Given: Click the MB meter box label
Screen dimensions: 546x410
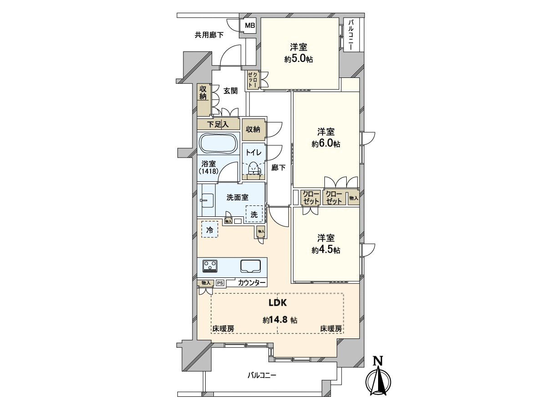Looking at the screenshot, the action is pyautogui.click(x=250, y=26).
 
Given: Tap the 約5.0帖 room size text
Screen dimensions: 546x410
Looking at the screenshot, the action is pyautogui.click(x=298, y=59).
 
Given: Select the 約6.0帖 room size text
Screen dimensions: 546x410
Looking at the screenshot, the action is pyautogui.click(x=326, y=143).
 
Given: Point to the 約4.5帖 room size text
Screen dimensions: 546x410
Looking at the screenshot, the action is pyautogui.click(x=326, y=250).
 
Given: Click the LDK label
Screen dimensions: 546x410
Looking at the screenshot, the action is pyautogui.click(x=278, y=302).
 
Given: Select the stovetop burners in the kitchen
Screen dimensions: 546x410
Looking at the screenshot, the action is pyautogui.click(x=210, y=266).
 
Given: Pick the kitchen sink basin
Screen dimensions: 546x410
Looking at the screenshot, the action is pyautogui.click(x=250, y=266).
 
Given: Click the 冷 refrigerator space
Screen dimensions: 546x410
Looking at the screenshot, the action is pyautogui.click(x=210, y=229).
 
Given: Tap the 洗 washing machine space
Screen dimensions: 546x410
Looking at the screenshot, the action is pyautogui.click(x=254, y=214).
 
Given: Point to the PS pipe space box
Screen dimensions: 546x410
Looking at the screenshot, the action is pyautogui.click(x=220, y=283).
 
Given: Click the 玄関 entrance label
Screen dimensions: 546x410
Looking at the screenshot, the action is pyautogui.click(x=230, y=91).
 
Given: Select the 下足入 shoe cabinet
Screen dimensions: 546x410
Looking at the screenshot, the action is pyautogui.click(x=218, y=124).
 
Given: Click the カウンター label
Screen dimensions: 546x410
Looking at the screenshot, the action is pyautogui.click(x=252, y=282).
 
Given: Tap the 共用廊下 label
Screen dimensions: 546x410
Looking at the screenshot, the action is pyautogui.click(x=209, y=35).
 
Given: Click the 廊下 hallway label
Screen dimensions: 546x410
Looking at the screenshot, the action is pyautogui.click(x=278, y=168).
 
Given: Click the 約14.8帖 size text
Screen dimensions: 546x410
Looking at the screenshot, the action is pyautogui.click(x=280, y=320).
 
